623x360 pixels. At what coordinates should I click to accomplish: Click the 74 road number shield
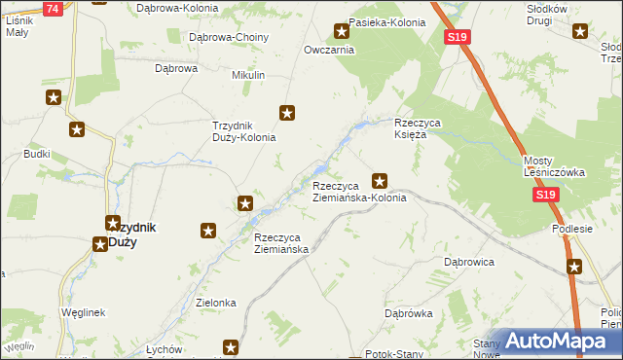pos(53,8)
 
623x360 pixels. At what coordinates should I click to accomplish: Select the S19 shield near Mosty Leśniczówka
pos(547,196)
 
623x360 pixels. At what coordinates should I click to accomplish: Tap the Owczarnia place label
pos(327,50)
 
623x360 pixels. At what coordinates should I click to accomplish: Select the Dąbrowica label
pos(470,263)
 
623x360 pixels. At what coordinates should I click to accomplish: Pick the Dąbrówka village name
pos(408,313)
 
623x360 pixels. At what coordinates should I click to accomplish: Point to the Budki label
pos(37,154)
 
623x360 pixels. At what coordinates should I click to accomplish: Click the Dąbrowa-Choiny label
pos(229,37)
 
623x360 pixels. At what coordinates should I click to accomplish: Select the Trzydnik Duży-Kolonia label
pos(244,131)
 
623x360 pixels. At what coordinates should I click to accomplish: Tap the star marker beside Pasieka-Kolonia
pos(342,31)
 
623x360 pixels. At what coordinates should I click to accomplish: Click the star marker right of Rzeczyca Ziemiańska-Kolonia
pos(381,180)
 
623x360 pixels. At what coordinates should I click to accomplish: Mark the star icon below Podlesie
pos(575,266)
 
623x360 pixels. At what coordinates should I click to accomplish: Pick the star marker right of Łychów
pos(231,346)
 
